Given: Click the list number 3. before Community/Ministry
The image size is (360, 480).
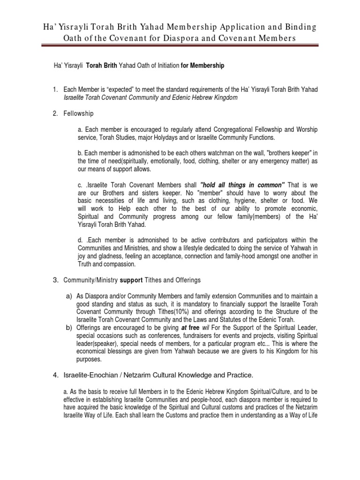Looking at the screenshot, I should pos(55,280).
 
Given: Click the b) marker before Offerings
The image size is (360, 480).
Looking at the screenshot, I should pos(69,328).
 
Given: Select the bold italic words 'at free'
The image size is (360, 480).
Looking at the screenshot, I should pos(190,328).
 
